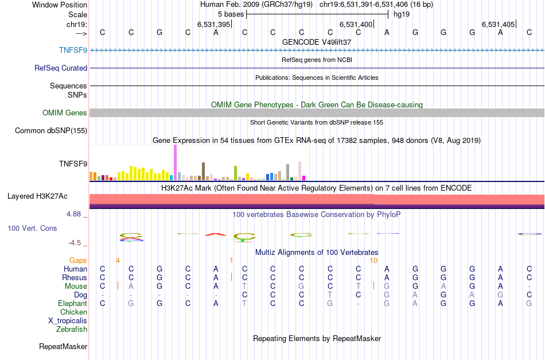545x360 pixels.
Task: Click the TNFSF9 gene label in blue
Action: click(x=73, y=50)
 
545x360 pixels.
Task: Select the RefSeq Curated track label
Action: click(x=61, y=68)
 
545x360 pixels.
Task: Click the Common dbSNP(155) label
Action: click(x=51, y=130)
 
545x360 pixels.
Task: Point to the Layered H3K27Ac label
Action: click(x=37, y=196)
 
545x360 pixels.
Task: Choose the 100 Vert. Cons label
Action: click(x=32, y=228)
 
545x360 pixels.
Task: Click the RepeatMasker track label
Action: click(x=63, y=346)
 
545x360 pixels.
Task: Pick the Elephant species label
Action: click(x=72, y=303)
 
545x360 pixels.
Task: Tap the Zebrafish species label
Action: click(x=72, y=329)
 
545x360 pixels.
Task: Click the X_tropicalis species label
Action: click(x=68, y=320)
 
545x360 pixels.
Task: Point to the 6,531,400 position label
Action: click(x=356, y=24)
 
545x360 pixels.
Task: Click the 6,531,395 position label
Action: click(x=213, y=24)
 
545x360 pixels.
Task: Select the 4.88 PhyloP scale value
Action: click(x=76, y=214)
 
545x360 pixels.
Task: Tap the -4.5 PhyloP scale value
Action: click(x=77, y=242)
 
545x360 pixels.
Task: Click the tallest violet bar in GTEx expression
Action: click(x=175, y=162)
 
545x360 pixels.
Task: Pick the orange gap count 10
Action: click(x=373, y=260)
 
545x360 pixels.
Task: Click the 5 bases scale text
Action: click(x=231, y=14)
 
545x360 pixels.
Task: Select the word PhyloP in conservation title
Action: click(x=388, y=214)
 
